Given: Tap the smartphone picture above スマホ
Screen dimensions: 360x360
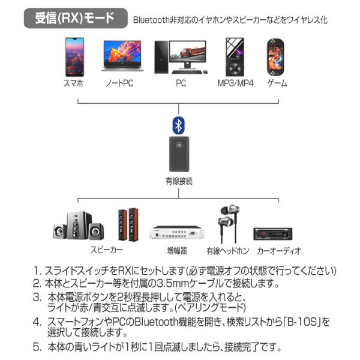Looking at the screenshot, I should [74, 56].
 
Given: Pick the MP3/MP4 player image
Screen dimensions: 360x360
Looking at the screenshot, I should [235, 56].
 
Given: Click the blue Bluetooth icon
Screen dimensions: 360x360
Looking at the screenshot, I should [178, 125].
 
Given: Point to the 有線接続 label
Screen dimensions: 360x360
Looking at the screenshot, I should [179, 181].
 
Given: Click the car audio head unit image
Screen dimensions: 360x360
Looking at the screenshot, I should [278, 232].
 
